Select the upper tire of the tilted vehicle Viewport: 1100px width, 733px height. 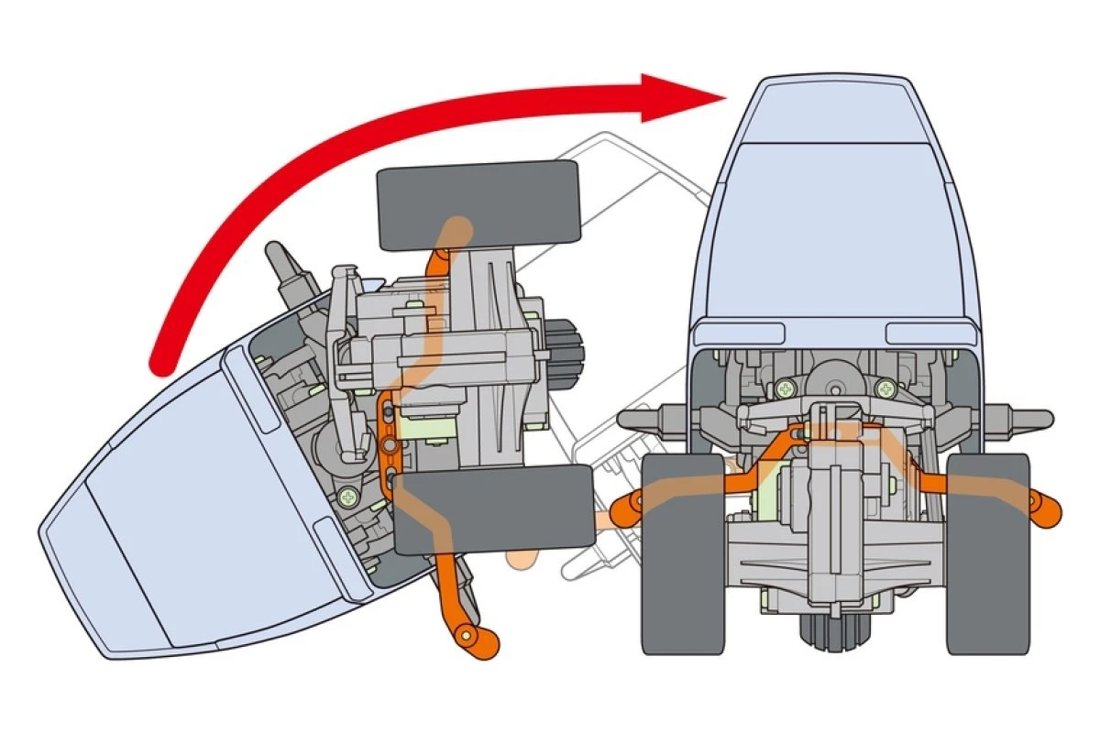pyautogui.click(x=478, y=206)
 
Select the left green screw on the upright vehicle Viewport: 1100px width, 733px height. pyautogui.click(x=785, y=388)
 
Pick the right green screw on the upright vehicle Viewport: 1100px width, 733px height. pyautogui.click(x=885, y=388)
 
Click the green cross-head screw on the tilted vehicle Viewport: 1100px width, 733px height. pyautogui.click(x=349, y=498)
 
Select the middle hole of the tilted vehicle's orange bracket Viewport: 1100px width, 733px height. pyautogui.click(x=391, y=445)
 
